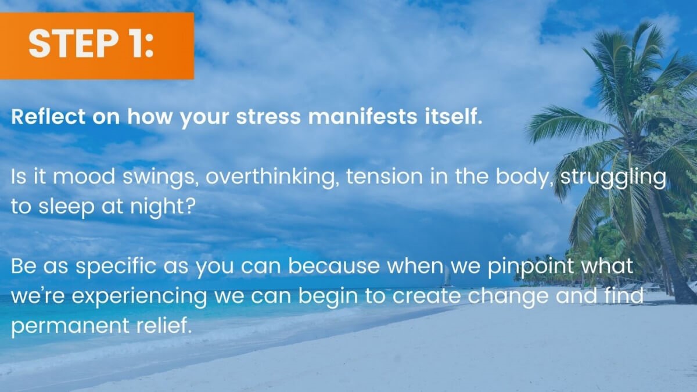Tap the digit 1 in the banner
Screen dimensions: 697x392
click(132, 44)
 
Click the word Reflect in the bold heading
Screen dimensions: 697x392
click(48, 117)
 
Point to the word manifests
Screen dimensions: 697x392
click(362, 117)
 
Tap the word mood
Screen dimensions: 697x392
click(84, 177)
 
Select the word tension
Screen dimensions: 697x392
click(385, 177)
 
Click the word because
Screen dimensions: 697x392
click(334, 266)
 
